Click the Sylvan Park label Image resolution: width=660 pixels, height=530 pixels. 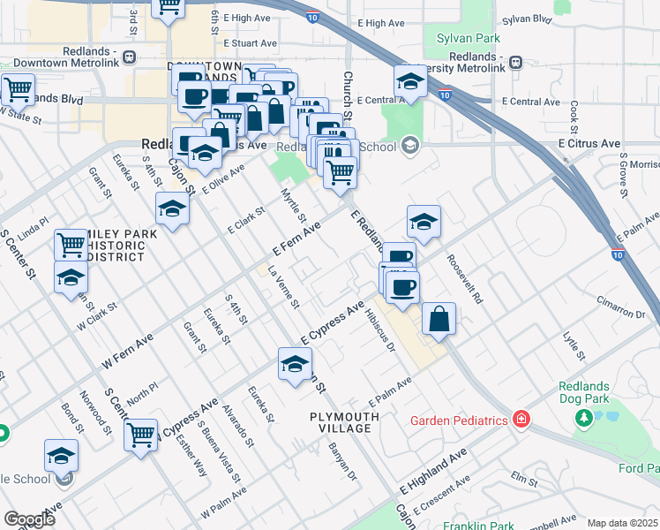point(468,38)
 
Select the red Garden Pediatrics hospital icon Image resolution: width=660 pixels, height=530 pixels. point(521,420)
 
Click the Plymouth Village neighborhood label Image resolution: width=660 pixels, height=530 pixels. point(341,421)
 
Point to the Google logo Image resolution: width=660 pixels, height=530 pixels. point(29,519)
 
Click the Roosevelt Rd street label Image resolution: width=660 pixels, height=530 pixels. point(466,280)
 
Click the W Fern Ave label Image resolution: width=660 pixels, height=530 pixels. point(127,350)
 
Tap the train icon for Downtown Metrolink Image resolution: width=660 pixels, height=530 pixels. point(130,57)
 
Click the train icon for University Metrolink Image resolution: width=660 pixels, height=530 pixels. point(515,62)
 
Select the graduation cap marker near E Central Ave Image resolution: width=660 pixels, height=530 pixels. point(410,82)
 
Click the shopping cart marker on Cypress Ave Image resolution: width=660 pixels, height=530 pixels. point(140,435)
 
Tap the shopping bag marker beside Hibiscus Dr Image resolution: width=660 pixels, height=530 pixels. point(439,319)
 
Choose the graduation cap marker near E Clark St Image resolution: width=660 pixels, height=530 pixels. point(173,209)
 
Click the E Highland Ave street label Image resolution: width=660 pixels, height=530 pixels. point(432,470)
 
